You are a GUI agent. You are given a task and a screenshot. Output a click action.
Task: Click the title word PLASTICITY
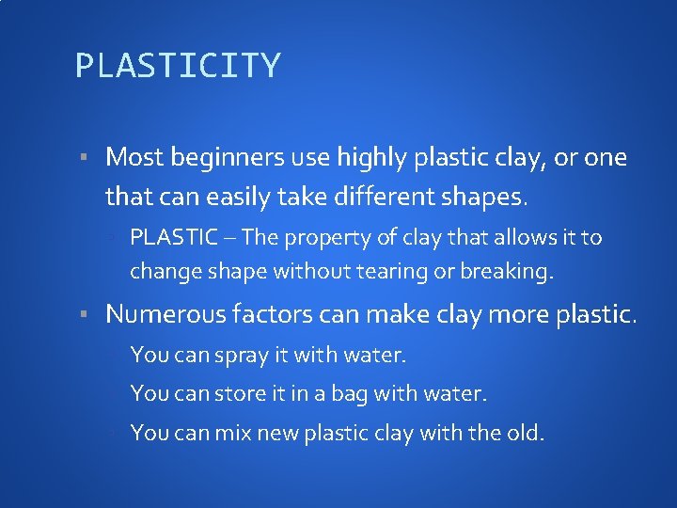tap(178, 66)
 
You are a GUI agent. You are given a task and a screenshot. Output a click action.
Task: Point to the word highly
tap(373, 157)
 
